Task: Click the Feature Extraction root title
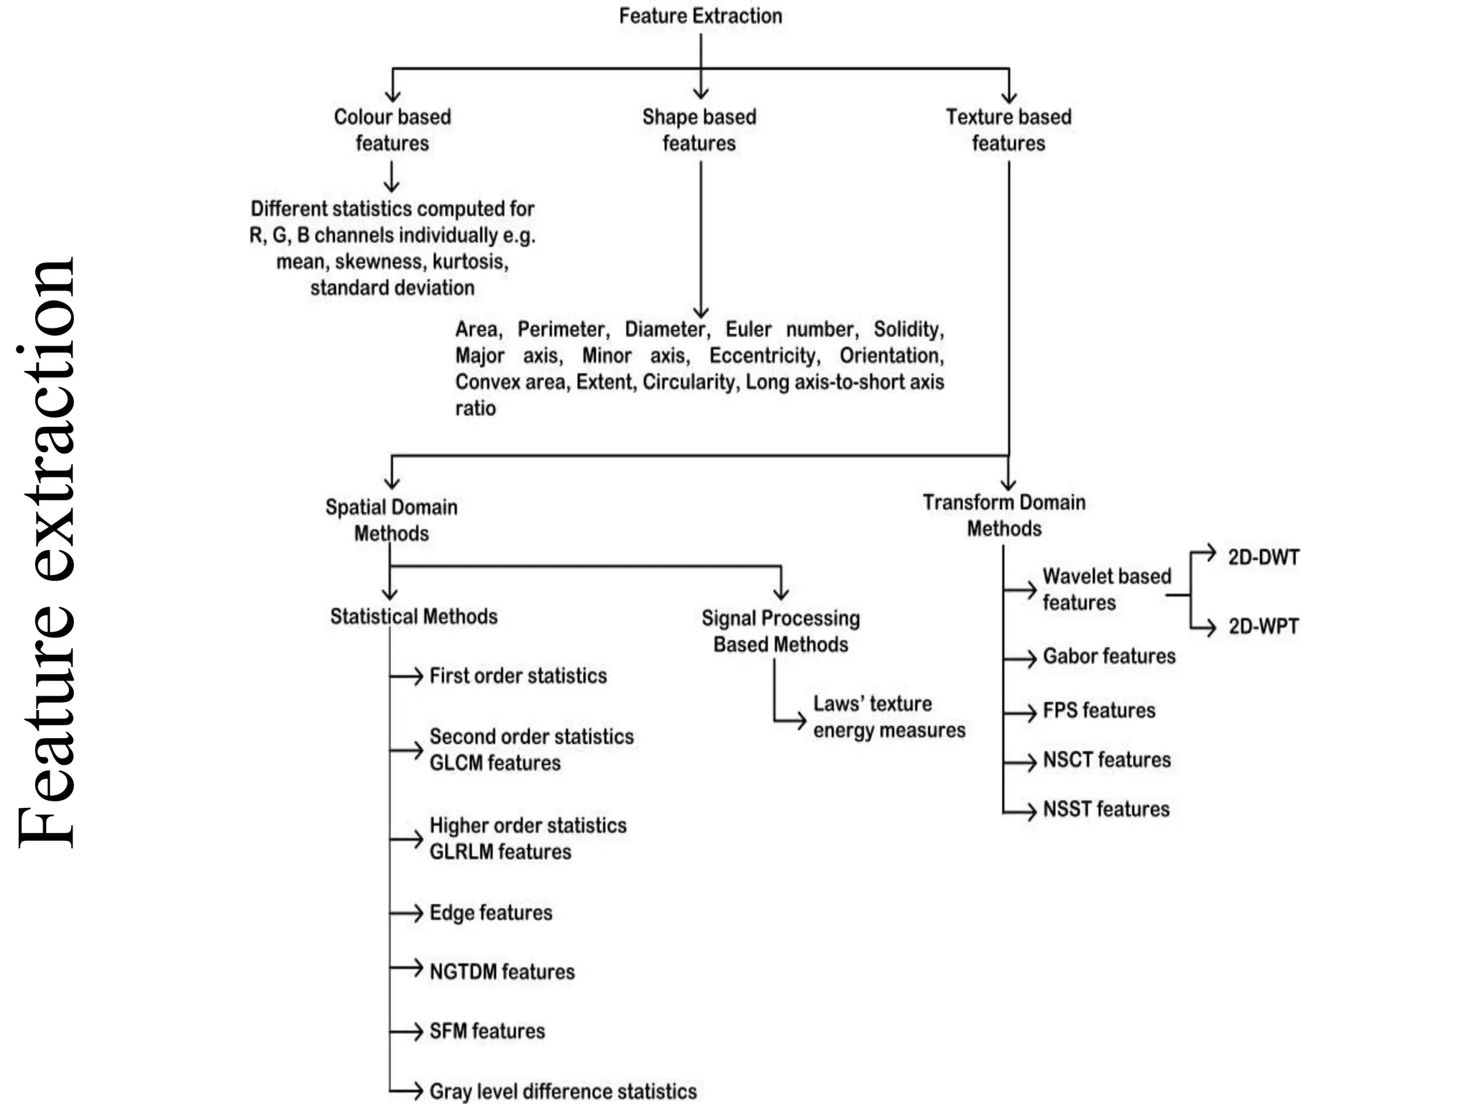700,16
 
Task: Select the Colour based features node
392,130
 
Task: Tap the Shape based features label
699,130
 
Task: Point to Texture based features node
1008,130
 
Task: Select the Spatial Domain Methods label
392,520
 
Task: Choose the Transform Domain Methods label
1004,515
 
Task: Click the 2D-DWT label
1264,558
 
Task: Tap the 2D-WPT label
1264,627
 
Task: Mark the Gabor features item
1109,656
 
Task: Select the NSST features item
1106,809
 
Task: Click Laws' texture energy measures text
889,717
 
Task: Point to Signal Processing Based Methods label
781,631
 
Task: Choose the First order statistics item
518,676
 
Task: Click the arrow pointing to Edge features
408,913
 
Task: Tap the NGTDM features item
502,972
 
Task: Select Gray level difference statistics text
563,1091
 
